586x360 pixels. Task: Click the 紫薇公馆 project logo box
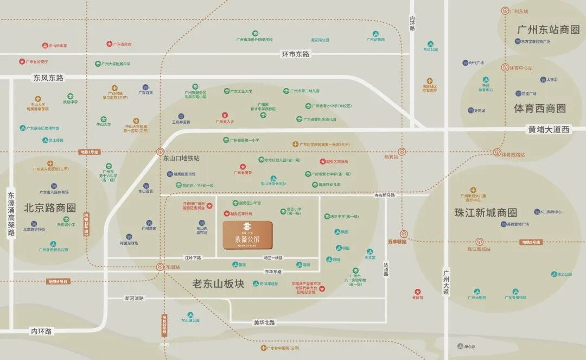point(247,235)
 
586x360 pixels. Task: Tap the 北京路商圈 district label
point(50,208)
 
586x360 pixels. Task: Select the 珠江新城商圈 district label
point(486,213)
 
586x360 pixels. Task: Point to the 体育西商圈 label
point(539,109)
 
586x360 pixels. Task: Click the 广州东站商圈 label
point(549,29)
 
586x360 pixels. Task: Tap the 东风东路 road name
point(48,78)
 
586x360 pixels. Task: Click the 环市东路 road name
point(295,54)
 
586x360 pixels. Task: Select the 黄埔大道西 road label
point(550,130)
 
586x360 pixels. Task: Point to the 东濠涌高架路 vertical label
point(11,212)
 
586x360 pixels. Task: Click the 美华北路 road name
point(264,323)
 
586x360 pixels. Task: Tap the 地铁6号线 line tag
point(57,282)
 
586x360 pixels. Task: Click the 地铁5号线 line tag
point(530,242)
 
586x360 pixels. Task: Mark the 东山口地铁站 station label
point(181,159)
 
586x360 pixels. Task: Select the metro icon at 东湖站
point(160,267)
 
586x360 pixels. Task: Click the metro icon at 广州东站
point(505,11)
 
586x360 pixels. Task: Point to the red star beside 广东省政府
point(109,44)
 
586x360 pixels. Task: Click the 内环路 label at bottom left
point(41,331)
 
